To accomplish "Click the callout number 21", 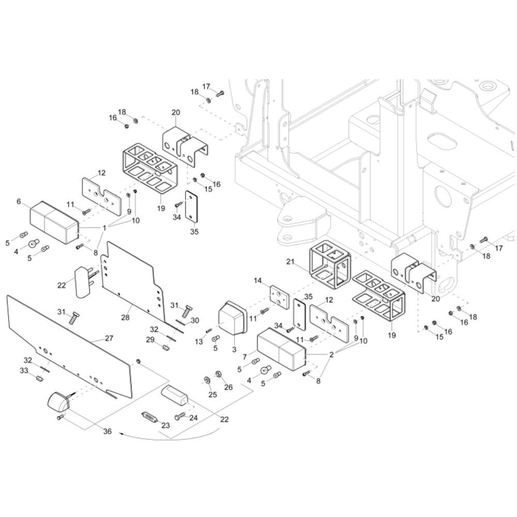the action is (290, 262).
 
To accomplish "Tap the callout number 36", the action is (108, 431).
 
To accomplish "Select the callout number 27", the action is (109, 338).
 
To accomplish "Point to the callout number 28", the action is (125, 317).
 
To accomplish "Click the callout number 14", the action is (257, 281).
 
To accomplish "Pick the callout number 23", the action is (165, 425).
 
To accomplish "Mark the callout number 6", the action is (19, 202).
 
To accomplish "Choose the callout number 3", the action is (234, 349).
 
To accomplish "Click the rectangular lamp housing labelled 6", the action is (55, 222).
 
